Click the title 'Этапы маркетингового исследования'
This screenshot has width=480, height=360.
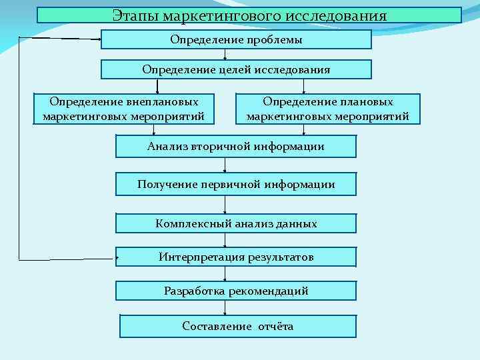[x=249, y=15]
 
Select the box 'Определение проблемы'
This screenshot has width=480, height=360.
[x=236, y=40]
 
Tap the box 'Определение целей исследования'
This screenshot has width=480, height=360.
[x=236, y=69]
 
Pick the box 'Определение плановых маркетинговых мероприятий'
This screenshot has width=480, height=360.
[x=328, y=109]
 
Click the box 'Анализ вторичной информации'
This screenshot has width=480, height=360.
[x=236, y=147]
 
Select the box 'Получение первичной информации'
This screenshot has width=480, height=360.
[x=236, y=184]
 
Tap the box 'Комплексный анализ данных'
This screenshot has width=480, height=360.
[x=236, y=223]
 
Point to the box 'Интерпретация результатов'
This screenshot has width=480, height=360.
[x=236, y=257]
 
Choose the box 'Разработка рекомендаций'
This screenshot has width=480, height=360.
[x=236, y=291]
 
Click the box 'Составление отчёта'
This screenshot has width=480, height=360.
[x=237, y=326]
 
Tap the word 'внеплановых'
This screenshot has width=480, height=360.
[x=162, y=102]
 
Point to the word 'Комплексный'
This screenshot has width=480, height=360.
[x=187, y=223]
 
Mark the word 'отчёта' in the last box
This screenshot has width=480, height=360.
[x=276, y=326]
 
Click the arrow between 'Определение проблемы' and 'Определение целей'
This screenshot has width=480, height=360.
[x=225, y=55]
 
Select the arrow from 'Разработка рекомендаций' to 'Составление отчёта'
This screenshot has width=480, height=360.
[x=225, y=307]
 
